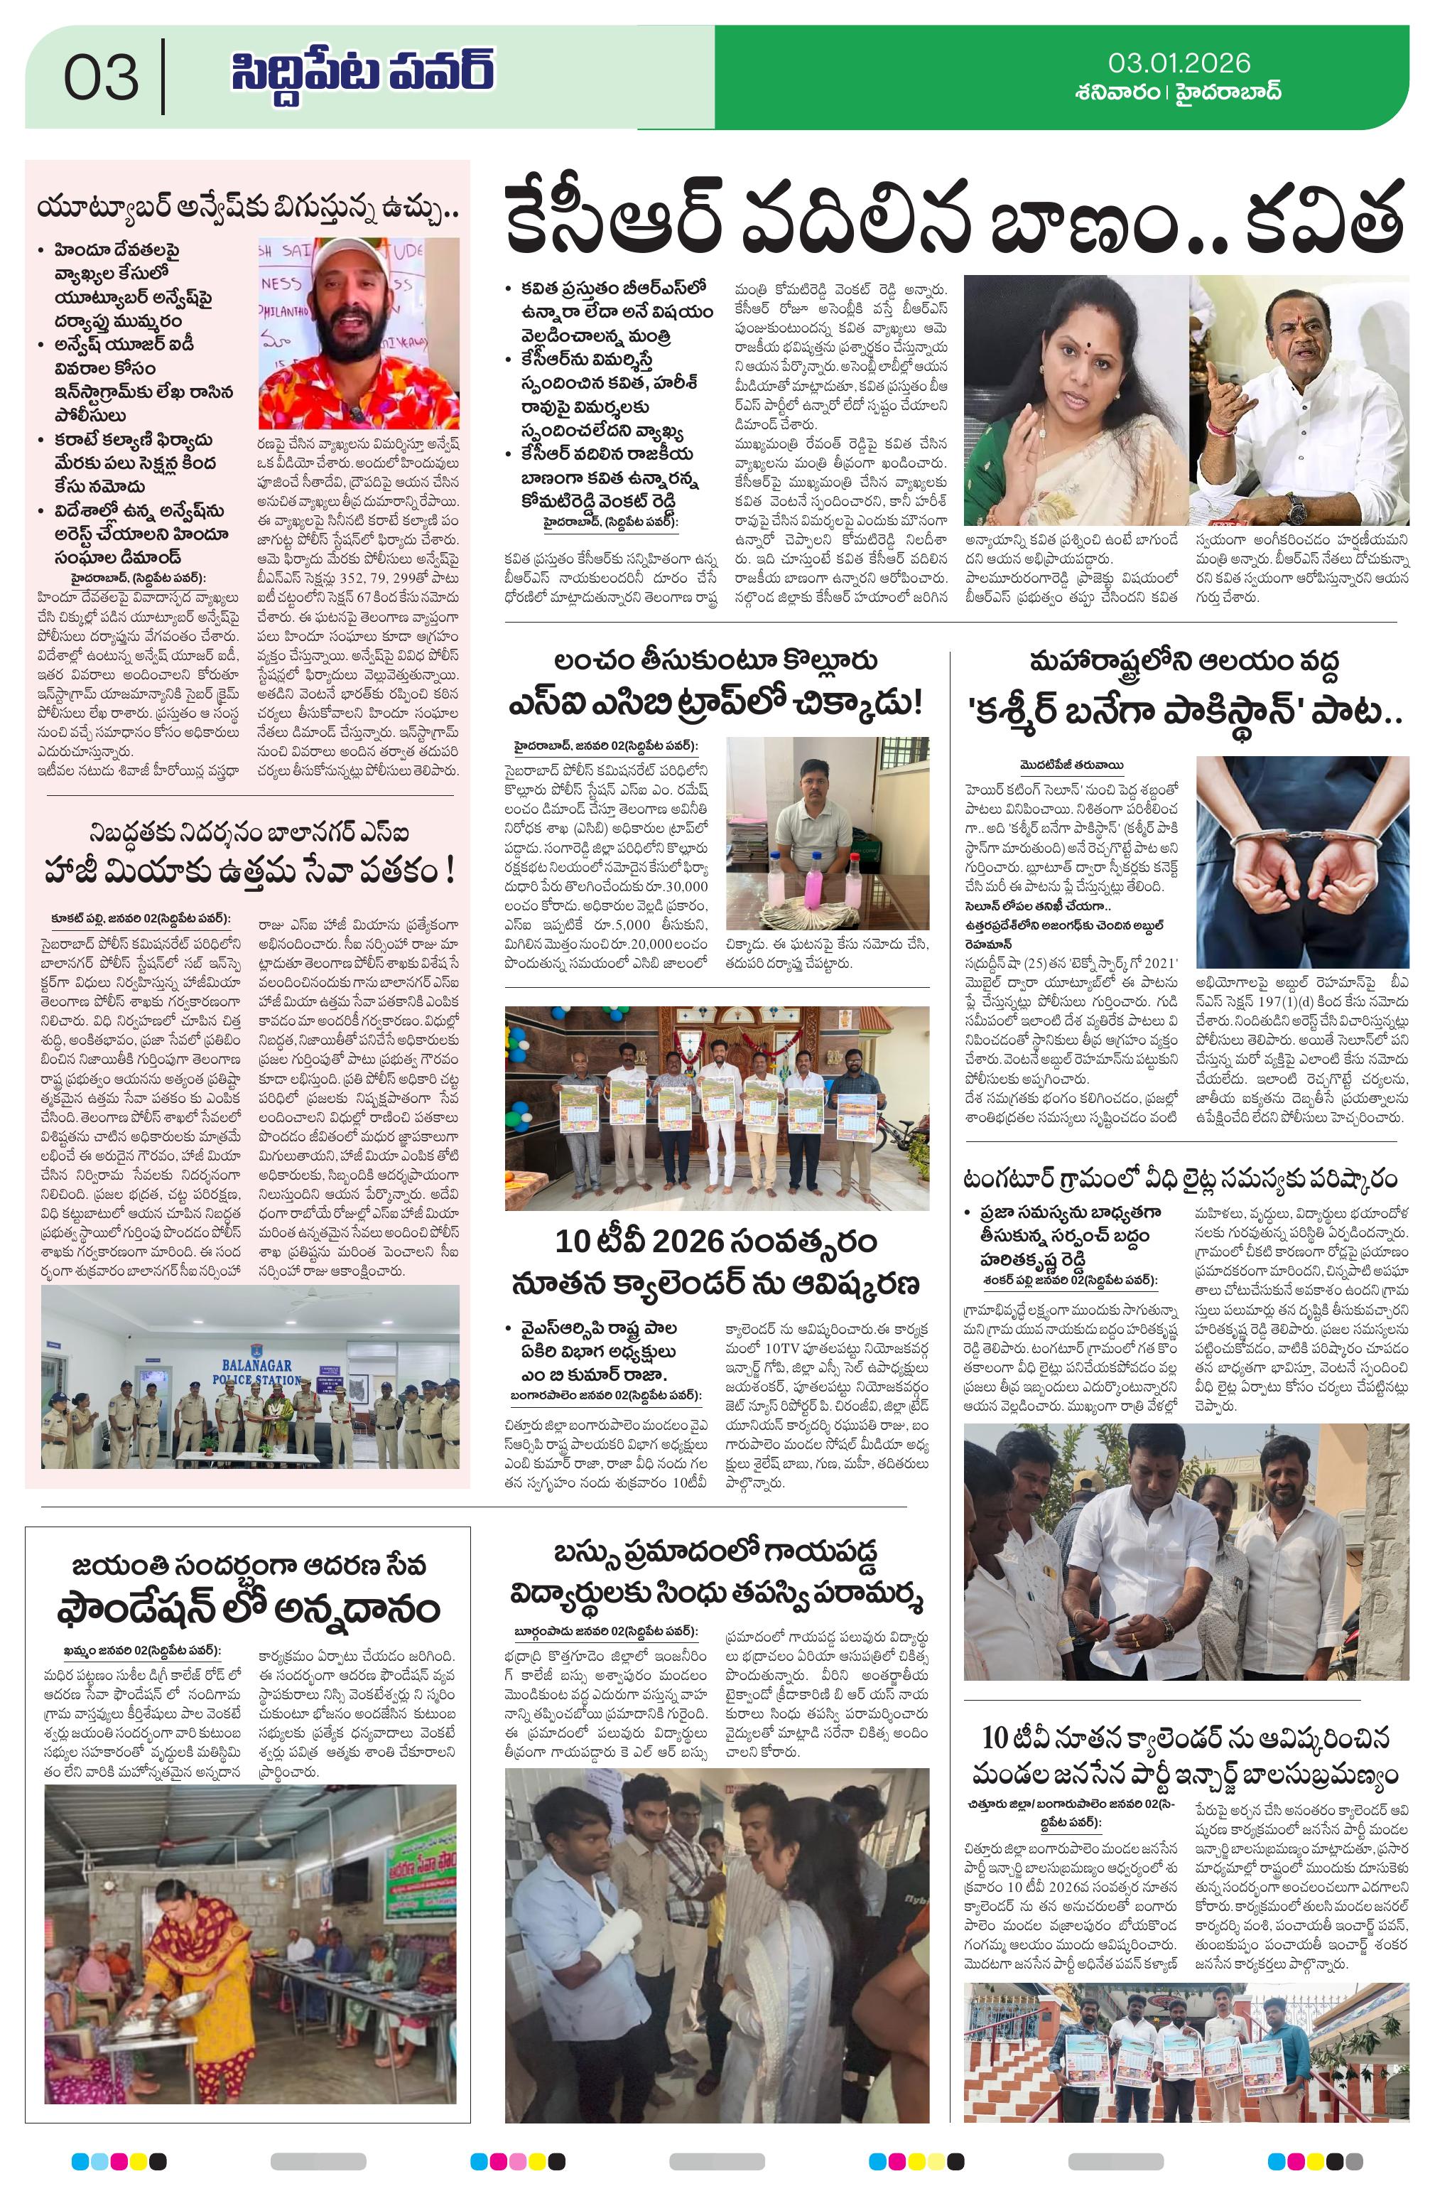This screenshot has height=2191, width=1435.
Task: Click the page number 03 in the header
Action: (102, 77)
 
